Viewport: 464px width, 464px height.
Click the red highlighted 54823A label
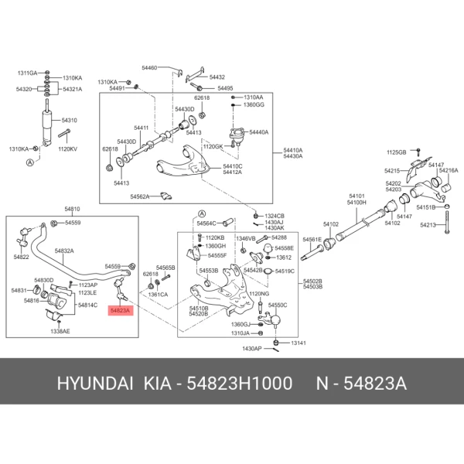tap(121, 309)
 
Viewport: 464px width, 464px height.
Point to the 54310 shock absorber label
tap(70, 121)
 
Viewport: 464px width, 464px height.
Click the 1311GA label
tap(27, 72)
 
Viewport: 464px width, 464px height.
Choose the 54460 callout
tap(149, 68)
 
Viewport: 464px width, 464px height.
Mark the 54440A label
tap(258, 132)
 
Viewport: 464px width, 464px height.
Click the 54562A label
tap(140, 196)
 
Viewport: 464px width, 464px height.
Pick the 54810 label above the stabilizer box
tap(72, 210)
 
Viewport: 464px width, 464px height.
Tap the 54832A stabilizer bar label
tap(64, 251)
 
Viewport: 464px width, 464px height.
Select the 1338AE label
tap(60, 330)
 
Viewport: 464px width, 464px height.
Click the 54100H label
tap(357, 203)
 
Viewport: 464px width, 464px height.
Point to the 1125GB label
tap(396, 152)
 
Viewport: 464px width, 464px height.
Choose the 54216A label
tap(449, 170)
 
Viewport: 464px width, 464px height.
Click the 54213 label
tap(428, 225)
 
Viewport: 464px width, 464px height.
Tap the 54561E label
tap(312, 239)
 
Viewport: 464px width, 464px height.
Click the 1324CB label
tap(275, 216)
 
